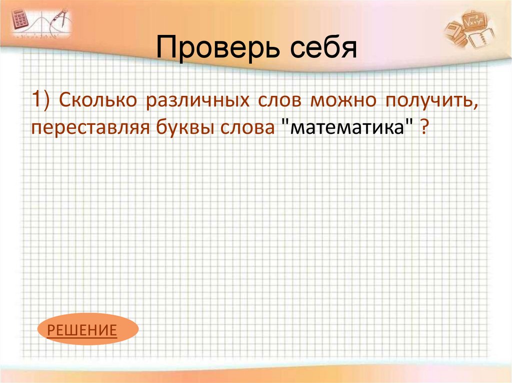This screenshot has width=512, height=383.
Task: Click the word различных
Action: pos(198,101)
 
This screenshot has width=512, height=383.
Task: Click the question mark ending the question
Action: pos(423,128)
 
